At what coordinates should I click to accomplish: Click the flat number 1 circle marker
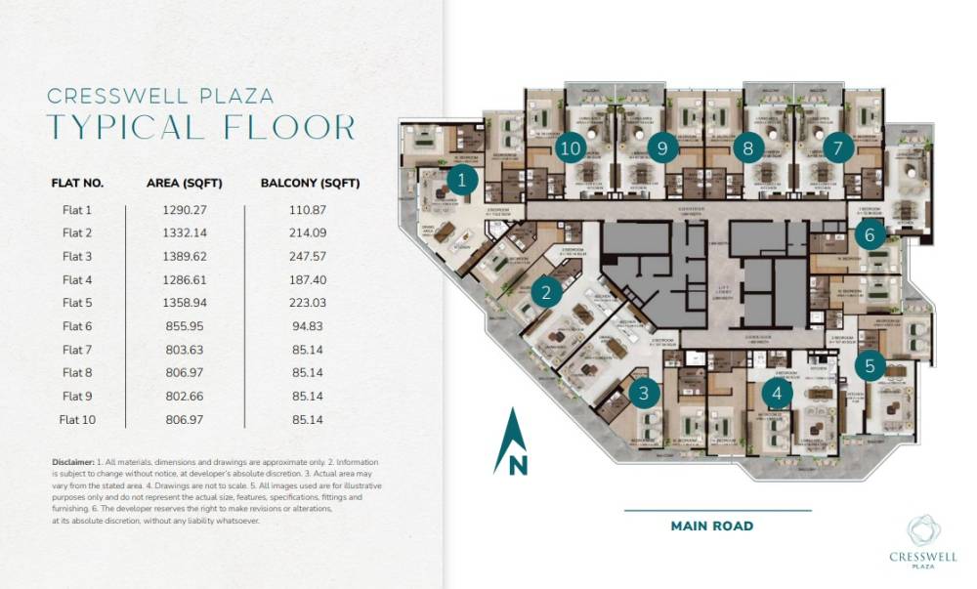click(462, 179)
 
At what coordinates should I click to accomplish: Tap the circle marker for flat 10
click(571, 148)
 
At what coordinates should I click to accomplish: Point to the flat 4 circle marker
click(777, 393)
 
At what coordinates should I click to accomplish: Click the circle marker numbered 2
click(547, 291)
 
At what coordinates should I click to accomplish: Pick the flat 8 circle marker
click(748, 148)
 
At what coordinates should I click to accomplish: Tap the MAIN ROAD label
click(712, 526)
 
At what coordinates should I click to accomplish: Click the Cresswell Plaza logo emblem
click(923, 529)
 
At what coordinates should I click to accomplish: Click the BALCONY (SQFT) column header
click(310, 183)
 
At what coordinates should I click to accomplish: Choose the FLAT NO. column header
click(77, 183)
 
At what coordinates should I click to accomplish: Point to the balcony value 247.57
click(305, 256)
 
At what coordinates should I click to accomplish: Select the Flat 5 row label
click(76, 303)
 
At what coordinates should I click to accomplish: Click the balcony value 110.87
click(305, 209)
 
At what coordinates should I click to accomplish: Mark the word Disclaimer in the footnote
click(73, 461)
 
